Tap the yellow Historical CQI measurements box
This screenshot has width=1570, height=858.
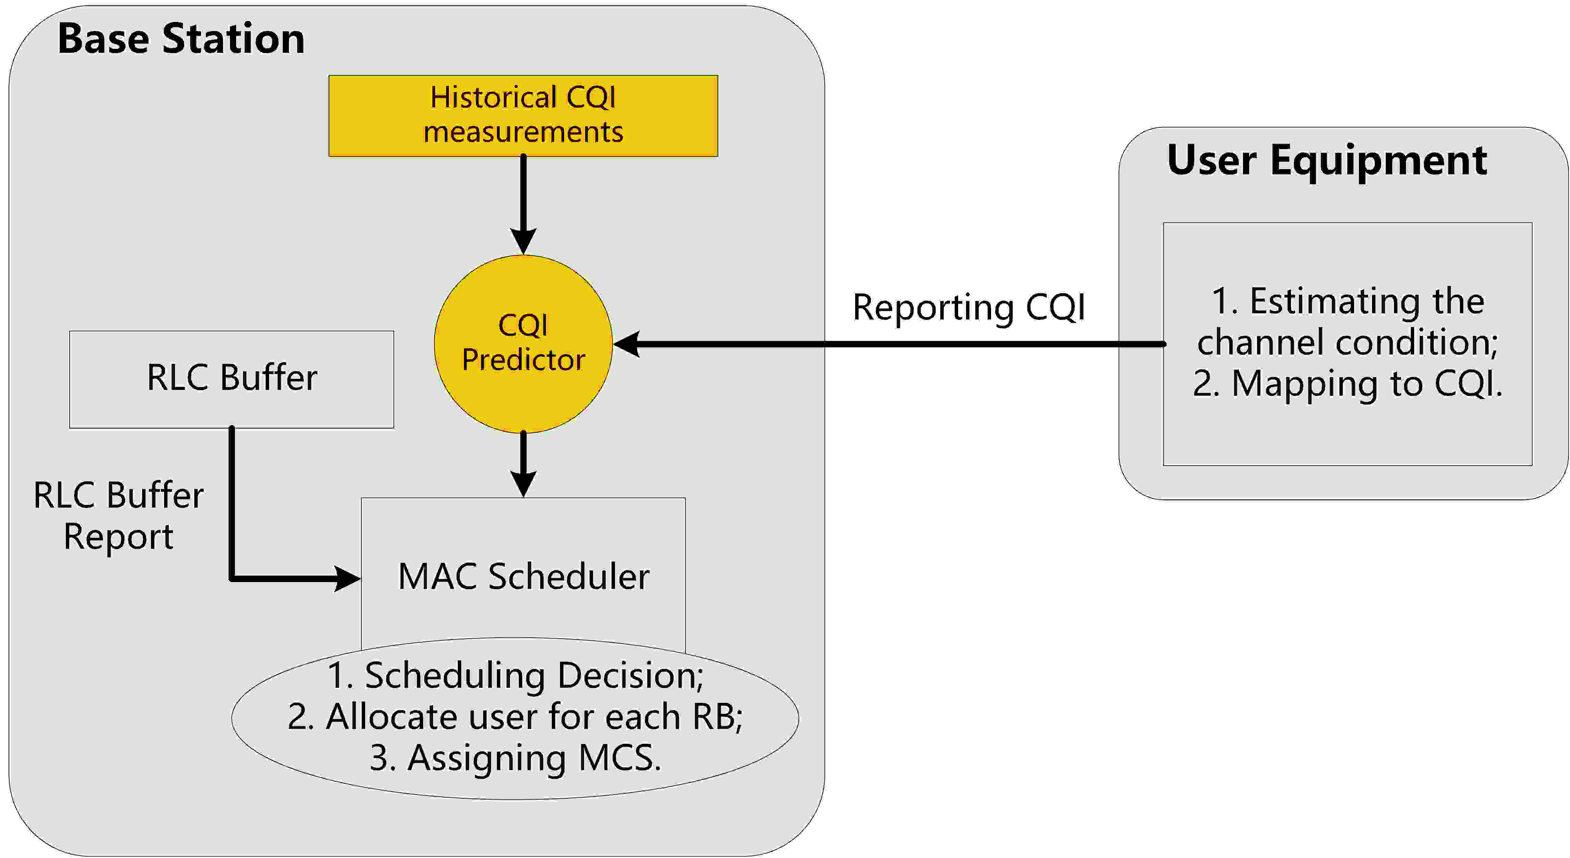coord(523,116)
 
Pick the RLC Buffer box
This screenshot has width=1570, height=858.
coord(232,379)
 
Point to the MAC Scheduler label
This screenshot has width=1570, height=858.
coord(523,577)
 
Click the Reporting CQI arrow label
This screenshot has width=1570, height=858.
coord(968,307)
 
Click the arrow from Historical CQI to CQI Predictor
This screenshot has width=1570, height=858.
coord(523,201)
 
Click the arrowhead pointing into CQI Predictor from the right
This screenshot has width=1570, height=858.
coord(627,344)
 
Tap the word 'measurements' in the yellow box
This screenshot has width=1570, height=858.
coord(523,132)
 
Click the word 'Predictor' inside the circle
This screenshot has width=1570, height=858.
coord(523,360)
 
